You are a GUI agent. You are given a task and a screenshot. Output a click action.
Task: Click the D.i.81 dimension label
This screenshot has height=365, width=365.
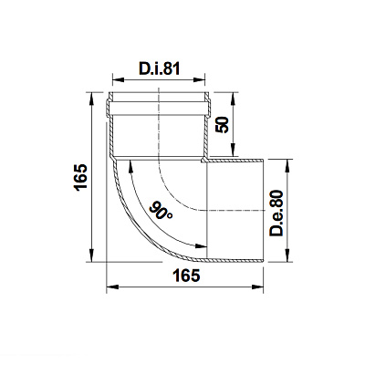tap(160, 68)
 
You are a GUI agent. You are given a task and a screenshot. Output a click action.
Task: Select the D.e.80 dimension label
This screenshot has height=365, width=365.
tap(276, 214)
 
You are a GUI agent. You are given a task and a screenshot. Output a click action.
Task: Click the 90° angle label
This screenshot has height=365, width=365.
tap(161, 210)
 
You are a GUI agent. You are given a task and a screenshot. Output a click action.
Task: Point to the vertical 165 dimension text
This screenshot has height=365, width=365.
tap(80, 178)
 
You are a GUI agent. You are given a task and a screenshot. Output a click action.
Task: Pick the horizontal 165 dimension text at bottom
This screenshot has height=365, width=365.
tap(186, 276)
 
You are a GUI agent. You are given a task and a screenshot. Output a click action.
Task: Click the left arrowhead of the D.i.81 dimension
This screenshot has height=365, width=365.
tap(119, 80)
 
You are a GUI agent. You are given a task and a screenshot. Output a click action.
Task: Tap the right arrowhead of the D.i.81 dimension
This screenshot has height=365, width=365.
tap(199, 80)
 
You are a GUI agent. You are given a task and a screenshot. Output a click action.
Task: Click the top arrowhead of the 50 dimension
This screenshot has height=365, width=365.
tap(233, 99)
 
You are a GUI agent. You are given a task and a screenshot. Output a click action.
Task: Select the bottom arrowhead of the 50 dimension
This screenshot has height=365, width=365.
tap(233, 152)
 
